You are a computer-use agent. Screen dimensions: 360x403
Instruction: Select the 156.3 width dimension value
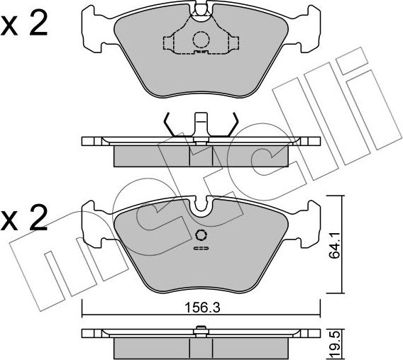[201, 308]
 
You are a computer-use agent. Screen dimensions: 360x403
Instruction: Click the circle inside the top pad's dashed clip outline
[201, 40]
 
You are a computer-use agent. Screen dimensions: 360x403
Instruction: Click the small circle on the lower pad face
[201, 236]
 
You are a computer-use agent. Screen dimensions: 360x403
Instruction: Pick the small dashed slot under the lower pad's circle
[201, 249]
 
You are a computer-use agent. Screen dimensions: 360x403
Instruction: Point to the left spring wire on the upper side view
[170, 125]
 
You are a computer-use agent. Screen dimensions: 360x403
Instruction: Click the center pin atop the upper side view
[201, 124]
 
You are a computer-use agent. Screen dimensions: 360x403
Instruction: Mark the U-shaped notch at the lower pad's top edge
[201, 206]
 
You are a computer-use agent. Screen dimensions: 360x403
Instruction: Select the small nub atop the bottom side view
[201, 327]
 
